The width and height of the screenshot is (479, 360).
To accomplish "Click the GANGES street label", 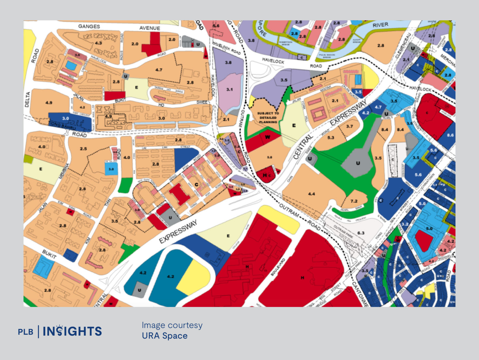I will pyautogui.click(x=89, y=26).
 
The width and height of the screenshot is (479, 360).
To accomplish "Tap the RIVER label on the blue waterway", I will pyautogui.click(x=380, y=25).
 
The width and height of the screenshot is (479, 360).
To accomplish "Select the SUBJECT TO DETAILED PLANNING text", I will pyautogui.click(x=268, y=118).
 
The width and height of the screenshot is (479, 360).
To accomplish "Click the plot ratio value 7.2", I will pyautogui.click(x=354, y=201).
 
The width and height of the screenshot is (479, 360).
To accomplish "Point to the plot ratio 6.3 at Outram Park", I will pyautogui.click(x=360, y=233).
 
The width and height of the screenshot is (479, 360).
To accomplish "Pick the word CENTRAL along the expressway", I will pyautogui.click(x=302, y=147).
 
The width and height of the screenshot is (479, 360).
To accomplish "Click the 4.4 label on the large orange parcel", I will pyautogui.click(x=311, y=194).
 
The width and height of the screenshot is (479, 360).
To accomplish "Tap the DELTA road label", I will pyautogui.click(x=27, y=99).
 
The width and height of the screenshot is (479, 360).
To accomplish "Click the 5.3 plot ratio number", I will pyautogui.click(x=331, y=137).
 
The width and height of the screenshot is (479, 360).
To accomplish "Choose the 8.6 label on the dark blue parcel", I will pyautogui.click(x=450, y=135).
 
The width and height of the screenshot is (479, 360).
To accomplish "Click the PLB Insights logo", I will pyautogui.click(x=60, y=331).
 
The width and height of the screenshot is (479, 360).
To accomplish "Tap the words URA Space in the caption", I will pyautogui.click(x=165, y=336).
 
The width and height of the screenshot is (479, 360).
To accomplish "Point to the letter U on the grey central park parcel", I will pyautogui.click(x=358, y=163).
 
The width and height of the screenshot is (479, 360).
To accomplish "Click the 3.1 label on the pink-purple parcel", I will pyautogui.click(x=229, y=89).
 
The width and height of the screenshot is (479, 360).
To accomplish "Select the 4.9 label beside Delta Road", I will pyautogui.click(x=49, y=103).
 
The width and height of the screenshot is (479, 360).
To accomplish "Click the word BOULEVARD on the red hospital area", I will pyautogui.click(x=278, y=267).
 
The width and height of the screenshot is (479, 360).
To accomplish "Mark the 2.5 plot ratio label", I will pyautogui.click(x=83, y=149).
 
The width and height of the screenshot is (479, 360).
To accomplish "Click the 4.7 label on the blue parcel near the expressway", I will pyautogui.click(x=378, y=107).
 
